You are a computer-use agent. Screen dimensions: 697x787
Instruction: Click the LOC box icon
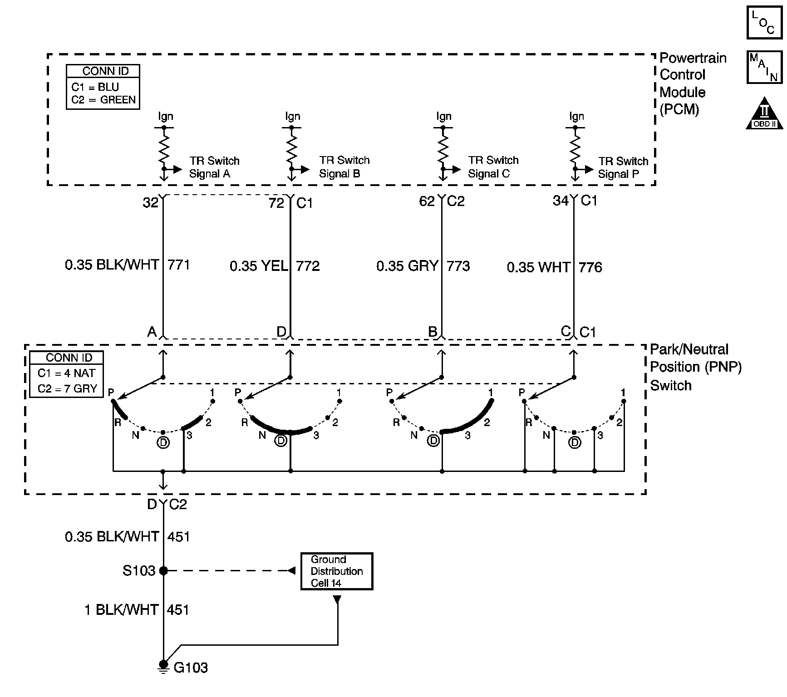(x=764, y=22)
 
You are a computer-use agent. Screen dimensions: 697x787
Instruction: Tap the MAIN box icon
(x=764, y=68)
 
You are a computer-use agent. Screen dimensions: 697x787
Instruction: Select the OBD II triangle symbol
(x=765, y=113)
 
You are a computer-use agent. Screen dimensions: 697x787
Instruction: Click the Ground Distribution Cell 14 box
(x=336, y=571)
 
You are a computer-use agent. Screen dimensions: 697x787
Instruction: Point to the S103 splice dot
(x=163, y=570)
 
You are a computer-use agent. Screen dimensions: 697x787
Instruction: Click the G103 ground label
(x=191, y=668)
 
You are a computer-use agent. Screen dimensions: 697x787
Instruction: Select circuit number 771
(x=179, y=265)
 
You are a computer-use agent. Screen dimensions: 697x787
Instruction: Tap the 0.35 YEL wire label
(x=259, y=266)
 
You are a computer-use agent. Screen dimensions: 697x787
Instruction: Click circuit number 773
(x=458, y=266)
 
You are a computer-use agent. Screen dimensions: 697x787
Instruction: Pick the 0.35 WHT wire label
(x=538, y=267)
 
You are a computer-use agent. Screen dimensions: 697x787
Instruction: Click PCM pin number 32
(x=150, y=202)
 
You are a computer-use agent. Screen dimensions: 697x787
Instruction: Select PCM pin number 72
(x=276, y=203)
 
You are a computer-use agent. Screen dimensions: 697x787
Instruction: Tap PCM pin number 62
(x=427, y=201)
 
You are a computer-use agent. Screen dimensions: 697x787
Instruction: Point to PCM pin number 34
(x=561, y=201)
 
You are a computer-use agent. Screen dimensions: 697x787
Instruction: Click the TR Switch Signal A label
(x=214, y=167)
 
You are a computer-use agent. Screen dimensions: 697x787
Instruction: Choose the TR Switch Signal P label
(x=623, y=167)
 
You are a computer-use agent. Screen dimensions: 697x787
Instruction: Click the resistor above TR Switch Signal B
(x=291, y=146)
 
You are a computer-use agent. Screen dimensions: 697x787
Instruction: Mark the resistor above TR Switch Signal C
(x=443, y=146)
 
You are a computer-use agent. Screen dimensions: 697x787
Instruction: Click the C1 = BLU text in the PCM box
(x=95, y=87)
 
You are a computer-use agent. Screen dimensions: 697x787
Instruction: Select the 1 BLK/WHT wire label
(x=121, y=610)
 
